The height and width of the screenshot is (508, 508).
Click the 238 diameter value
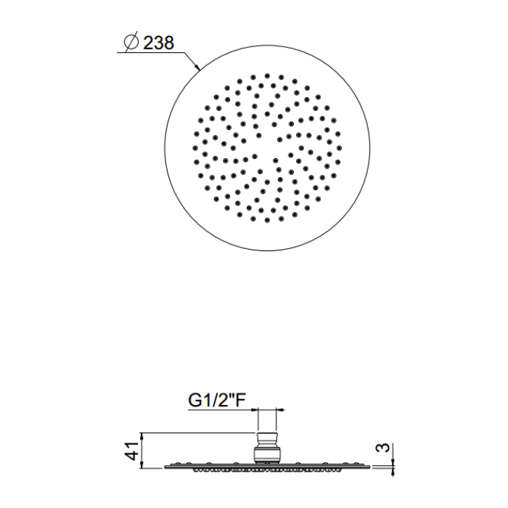pyautogui.click(x=158, y=43)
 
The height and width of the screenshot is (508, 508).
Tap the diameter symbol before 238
pyautogui.click(x=131, y=41)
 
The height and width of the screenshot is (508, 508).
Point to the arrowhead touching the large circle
pyautogui.click(x=197, y=67)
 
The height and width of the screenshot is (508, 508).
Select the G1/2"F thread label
pyautogui.click(x=217, y=400)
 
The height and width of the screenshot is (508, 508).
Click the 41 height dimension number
pyautogui.click(x=132, y=451)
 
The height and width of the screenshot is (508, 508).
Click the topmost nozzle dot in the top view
pyautogui.click(x=267, y=75)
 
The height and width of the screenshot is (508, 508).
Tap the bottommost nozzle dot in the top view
pyautogui.click(x=267, y=220)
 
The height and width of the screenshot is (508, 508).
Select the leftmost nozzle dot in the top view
pyautogui.click(x=195, y=148)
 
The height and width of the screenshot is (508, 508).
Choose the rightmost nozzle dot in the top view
pyautogui.click(x=339, y=148)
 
